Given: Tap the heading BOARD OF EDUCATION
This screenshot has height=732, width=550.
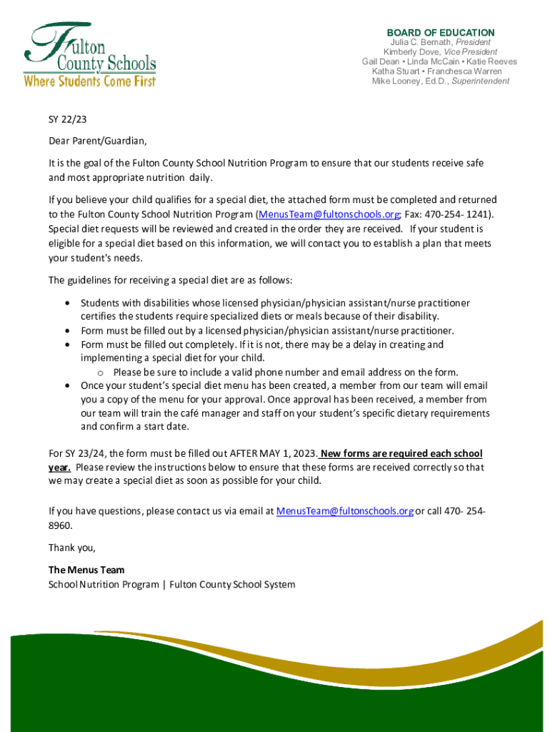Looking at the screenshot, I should [x=440, y=33].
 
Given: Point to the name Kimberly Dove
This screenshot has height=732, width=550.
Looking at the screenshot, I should [x=410, y=52].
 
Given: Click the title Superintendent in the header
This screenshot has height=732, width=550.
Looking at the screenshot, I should [x=481, y=81].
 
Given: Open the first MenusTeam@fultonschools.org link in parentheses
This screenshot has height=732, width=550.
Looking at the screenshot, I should [x=327, y=214].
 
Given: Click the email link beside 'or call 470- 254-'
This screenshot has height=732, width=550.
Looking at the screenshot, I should [x=344, y=511].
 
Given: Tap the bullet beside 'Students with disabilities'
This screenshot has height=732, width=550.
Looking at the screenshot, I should [x=67, y=304].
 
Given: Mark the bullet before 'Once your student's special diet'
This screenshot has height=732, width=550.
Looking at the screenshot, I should [x=67, y=386].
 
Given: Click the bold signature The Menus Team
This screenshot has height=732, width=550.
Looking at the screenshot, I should [x=86, y=570].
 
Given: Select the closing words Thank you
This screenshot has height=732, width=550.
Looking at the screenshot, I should [x=71, y=548].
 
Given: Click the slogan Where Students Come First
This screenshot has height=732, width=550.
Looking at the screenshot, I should [x=90, y=81].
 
